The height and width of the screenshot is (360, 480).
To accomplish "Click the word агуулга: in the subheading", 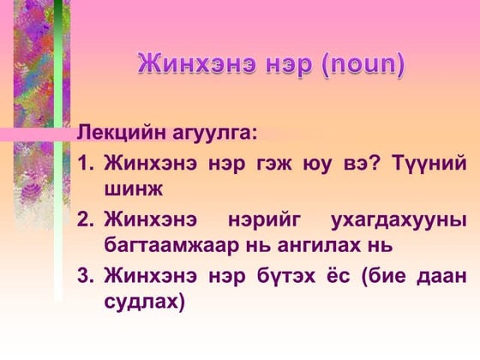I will pyautogui.click(x=213, y=134).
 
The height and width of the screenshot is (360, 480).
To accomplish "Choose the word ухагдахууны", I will pyautogui.click(x=399, y=219).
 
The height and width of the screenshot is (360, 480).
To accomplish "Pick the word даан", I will pyautogui.click(x=442, y=276).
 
